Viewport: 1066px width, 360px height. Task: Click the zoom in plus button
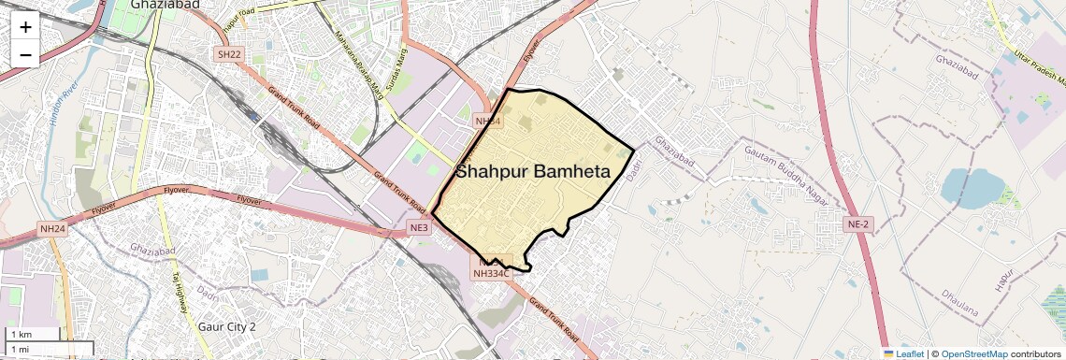pos(25,26)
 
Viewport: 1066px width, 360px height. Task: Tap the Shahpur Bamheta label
pos(533,172)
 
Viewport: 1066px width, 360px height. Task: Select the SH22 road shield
pos(229,55)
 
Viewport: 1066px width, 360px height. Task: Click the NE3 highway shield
pos(418,228)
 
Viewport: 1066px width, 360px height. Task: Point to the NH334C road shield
pos(491,273)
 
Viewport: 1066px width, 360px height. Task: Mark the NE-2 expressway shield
pos(858,224)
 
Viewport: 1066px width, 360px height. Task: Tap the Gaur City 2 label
pos(227,327)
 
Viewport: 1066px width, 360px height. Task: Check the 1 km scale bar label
pos(21,335)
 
